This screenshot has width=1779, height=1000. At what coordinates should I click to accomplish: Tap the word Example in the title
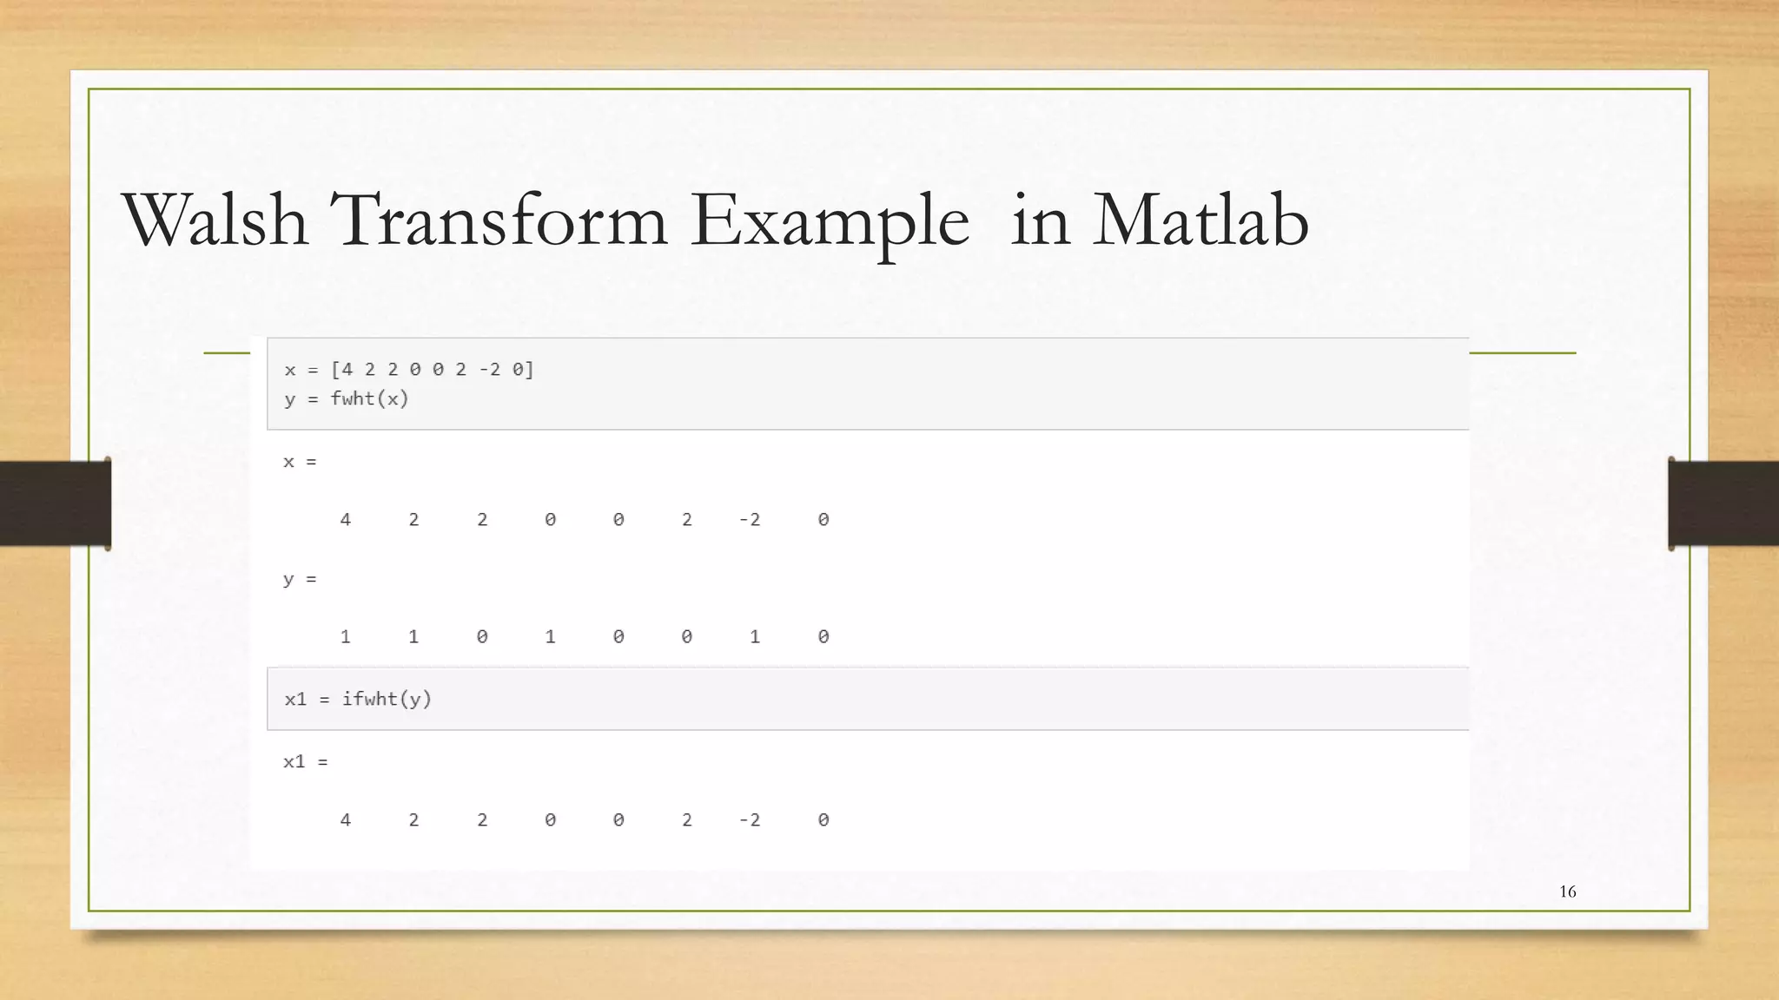coord(829,222)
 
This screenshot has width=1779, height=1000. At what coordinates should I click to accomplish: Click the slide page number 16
coord(1567,891)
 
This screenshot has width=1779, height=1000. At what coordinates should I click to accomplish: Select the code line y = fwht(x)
coord(346,398)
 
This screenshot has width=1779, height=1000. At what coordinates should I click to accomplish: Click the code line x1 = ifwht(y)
coord(357,699)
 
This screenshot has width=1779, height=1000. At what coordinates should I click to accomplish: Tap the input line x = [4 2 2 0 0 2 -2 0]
coord(408,370)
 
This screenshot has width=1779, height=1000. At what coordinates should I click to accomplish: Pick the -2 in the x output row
coord(750,520)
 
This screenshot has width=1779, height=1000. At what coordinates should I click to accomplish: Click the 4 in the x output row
coord(345,520)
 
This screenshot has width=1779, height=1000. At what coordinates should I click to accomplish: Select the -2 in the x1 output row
coord(750,820)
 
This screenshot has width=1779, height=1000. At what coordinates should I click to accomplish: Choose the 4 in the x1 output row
coord(345,820)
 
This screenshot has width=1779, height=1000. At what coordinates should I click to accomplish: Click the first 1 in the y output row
coord(345,637)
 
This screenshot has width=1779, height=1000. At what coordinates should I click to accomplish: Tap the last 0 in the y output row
coord(823,637)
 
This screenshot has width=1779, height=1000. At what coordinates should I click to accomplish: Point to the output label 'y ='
coord(300,579)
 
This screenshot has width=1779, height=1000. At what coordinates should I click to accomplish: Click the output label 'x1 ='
coord(305,762)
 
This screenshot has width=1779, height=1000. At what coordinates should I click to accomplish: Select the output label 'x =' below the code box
coord(300,462)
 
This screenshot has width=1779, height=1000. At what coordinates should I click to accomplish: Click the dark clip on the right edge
coord(1723,503)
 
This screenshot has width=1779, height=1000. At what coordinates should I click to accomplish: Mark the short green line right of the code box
coord(1522,353)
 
